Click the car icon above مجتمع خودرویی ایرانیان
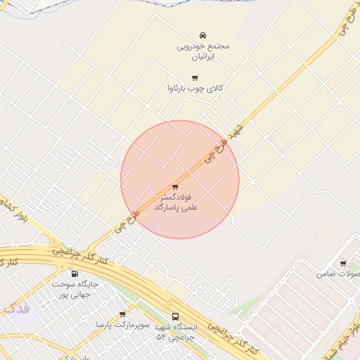(202, 34)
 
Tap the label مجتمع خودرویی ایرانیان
(202, 51)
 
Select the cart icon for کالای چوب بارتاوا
(195, 77)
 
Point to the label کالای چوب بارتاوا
(195, 89)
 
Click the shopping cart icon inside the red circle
(174, 187)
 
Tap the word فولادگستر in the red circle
(181, 198)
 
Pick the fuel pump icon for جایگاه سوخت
(75, 274)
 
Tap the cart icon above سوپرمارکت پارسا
(122, 314)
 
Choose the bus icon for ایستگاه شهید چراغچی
(175, 317)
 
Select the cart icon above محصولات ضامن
(343, 263)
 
